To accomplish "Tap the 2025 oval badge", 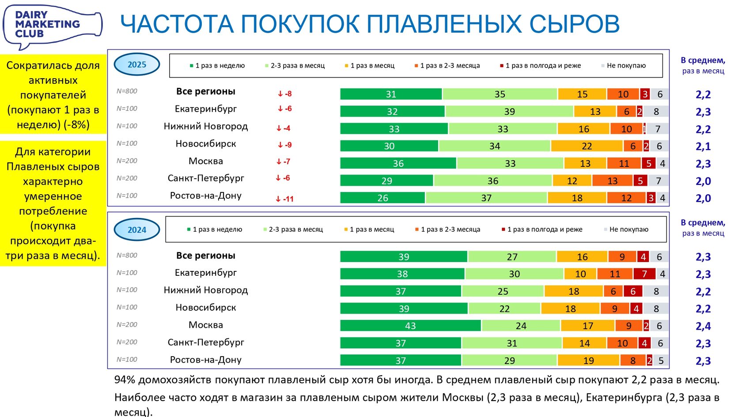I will click(x=137, y=64).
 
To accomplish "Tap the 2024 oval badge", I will click(x=137, y=229).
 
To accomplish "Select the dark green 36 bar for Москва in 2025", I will click(x=398, y=163).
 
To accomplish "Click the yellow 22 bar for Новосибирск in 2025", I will click(x=587, y=146).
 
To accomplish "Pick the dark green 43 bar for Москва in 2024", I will click(x=410, y=326).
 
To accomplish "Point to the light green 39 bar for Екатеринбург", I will click(x=509, y=111).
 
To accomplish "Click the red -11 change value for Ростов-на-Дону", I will click(x=285, y=199).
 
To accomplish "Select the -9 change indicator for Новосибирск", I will click(x=285, y=145).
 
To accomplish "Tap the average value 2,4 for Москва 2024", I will click(x=703, y=326).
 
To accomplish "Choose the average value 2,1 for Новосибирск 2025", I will click(x=703, y=147).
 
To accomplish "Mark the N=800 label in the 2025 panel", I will click(x=127, y=91).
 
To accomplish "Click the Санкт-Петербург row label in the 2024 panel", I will click(x=206, y=342).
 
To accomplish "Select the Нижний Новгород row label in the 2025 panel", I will click(x=206, y=126).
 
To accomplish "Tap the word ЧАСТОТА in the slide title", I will click(x=177, y=24).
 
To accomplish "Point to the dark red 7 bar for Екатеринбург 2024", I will click(x=644, y=274).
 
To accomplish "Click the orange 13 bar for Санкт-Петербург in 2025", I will click(x=612, y=181).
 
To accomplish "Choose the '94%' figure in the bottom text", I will click(x=125, y=380).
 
